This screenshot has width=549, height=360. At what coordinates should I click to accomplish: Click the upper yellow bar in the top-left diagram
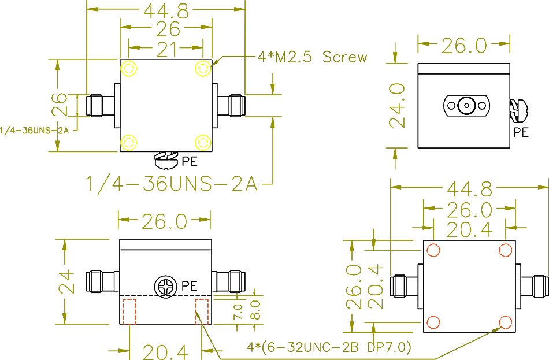point(166,73)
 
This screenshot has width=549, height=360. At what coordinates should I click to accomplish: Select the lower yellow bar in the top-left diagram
point(166,140)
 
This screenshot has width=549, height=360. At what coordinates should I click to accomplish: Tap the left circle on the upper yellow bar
point(129,68)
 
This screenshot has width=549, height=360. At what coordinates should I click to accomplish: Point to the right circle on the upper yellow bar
point(203,68)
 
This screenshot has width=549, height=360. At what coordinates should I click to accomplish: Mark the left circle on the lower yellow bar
point(128,143)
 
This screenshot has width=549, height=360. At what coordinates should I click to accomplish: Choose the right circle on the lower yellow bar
point(203,143)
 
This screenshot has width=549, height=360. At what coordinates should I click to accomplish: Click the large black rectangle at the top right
point(481,106)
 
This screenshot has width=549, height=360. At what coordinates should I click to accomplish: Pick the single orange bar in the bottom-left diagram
point(165,310)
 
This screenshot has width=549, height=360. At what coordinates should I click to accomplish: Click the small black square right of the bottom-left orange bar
point(222,311)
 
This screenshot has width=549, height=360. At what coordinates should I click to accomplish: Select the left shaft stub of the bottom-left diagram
point(99,282)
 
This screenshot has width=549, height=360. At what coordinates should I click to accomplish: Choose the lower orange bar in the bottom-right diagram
point(469,321)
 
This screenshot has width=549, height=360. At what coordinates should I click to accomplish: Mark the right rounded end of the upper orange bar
point(506,250)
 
